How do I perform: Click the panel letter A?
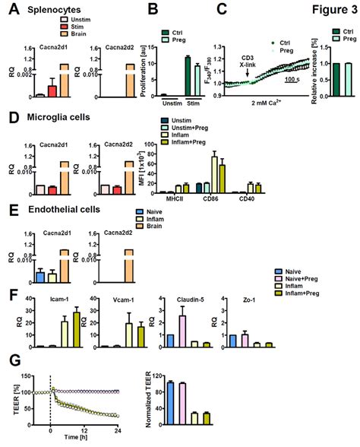8,11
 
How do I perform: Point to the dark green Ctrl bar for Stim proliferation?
188,76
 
